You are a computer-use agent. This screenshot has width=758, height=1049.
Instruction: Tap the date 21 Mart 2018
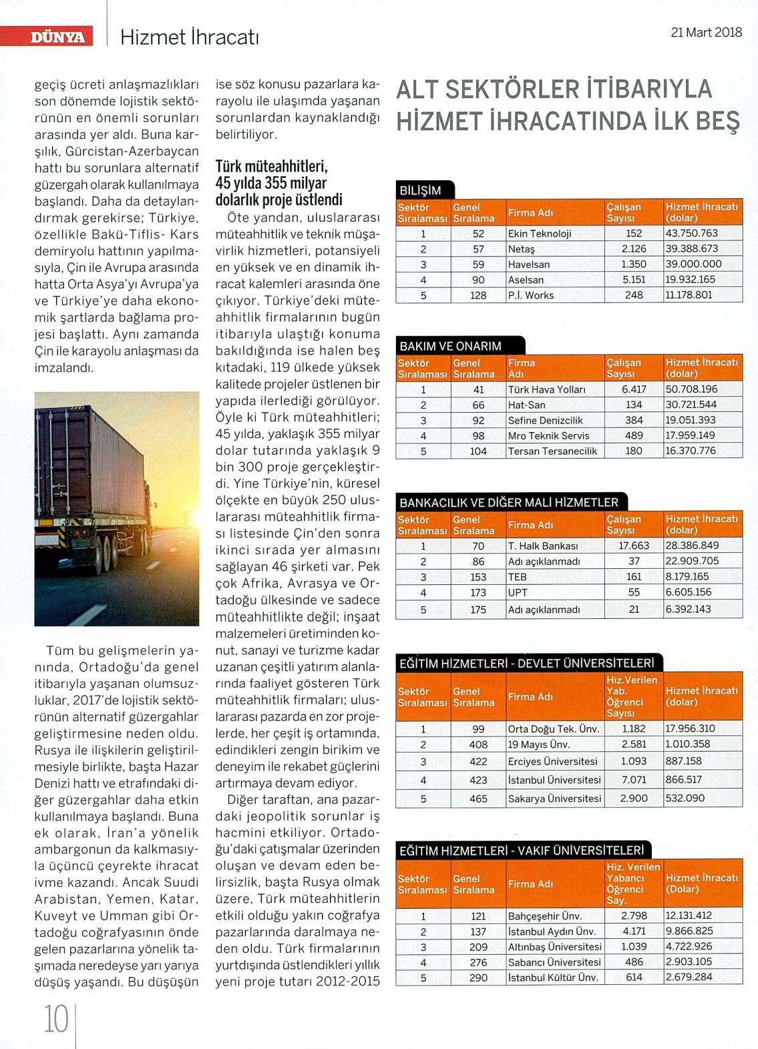click(706, 33)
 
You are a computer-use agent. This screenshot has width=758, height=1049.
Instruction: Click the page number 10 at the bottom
click(56, 1020)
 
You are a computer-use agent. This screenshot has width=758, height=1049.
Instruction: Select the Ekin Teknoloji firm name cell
click(540, 234)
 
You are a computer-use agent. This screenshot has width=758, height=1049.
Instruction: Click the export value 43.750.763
click(691, 233)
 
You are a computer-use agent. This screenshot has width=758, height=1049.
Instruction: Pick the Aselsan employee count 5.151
click(634, 280)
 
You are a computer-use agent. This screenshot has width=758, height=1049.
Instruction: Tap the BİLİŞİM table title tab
click(421, 190)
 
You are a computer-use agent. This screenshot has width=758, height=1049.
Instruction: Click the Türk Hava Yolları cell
click(546, 389)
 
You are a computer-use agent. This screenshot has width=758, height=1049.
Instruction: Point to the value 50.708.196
click(691, 389)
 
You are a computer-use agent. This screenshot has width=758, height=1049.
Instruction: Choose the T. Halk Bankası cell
click(543, 546)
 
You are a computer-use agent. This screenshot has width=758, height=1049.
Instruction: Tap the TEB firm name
click(518, 577)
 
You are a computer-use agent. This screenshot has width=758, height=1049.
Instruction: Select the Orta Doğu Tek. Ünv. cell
click(554, 729)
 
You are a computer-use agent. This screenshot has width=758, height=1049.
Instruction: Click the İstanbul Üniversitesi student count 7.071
click(634, 779)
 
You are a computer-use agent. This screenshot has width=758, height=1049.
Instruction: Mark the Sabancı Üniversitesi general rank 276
click(478, 962)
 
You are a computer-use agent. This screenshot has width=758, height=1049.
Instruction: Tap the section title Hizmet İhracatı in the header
click(189, 37)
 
